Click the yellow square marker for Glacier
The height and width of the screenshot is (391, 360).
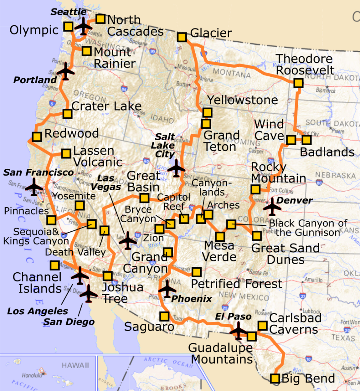(x=182, y=37)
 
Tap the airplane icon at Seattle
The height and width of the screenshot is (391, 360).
(x=83, y=27)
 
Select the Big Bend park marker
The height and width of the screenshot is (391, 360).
(x=275, y=378)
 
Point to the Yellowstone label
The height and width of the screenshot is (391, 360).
(x=242, y=100)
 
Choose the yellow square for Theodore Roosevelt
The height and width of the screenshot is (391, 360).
(x=298, y=83)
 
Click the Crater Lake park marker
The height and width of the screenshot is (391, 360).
(x=67, y=114)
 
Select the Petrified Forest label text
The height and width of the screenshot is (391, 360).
(x=236, y=284)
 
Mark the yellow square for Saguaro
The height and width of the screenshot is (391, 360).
(x=164, y=316)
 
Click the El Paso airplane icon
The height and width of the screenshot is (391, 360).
(x=239, y=331)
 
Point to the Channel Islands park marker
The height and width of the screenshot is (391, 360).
(x=55, y=265)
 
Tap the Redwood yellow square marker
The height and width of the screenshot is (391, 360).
(x=37, y=137)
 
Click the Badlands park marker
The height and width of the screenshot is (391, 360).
(x=307, y=140)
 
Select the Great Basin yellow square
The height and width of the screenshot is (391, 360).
(x=144, y=198)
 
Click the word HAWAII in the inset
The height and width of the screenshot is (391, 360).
(x=76, y=366)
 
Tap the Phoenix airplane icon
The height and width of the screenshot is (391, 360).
(x=167, y=289)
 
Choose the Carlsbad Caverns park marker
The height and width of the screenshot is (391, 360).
(x=262, y=326)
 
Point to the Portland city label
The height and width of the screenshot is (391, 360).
(x=35, y=80)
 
